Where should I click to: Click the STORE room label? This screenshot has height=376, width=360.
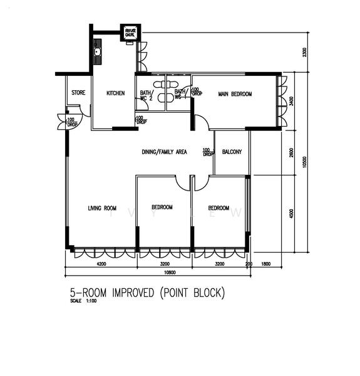[x=78, y=93]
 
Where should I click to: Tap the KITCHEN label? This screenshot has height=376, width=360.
[x=115, y=93]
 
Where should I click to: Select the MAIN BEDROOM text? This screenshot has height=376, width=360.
[x=235, y=94]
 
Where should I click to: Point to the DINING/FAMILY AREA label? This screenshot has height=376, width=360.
[x=164, y=151]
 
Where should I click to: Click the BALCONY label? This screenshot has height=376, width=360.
[x=232, y=152]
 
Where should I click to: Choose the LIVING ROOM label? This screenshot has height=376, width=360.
[x=102, y=208]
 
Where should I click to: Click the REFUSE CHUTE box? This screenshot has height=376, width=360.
[x=131, y=32]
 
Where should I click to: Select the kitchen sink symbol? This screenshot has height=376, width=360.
[x=98, y=50]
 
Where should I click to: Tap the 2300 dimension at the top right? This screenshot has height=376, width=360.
[x=305, y=51]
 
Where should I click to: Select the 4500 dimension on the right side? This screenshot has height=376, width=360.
[x=292, y=213]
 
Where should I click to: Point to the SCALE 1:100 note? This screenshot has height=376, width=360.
[x=82, y=301]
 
